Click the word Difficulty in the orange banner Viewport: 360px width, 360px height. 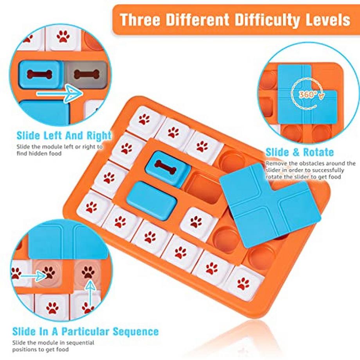coord(267,20)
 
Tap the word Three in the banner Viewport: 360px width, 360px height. coord(140,20)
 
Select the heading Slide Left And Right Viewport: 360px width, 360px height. coord(64,136)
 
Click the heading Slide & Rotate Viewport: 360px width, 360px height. coord(300,152)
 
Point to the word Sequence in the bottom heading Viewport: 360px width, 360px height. coord(136,331)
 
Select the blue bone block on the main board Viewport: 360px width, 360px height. coord(167,168)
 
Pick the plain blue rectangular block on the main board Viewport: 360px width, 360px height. coord(151,200)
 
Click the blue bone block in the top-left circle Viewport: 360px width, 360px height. coord(41,74)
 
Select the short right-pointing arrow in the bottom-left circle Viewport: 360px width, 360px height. coord(34,275)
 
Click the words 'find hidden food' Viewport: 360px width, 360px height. coord(39,153)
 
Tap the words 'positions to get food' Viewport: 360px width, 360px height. coord(40,349)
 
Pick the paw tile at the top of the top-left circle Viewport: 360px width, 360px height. coord(63,38)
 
